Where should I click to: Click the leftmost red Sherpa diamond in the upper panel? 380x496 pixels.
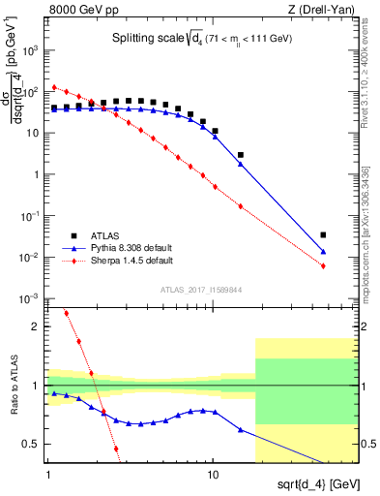pos(54,86)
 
